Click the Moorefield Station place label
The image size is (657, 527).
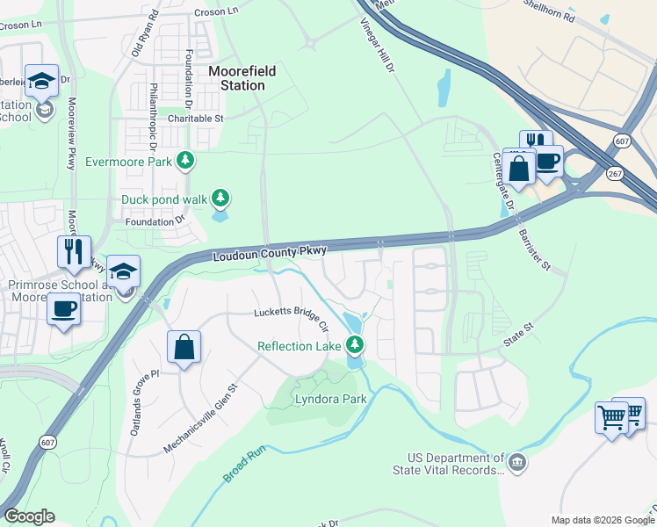[236, 78]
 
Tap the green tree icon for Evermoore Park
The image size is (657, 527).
[185, 160]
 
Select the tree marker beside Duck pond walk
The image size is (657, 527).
[222, 199]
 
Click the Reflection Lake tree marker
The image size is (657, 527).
[355, 344]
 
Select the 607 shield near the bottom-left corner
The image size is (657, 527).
[44, 446]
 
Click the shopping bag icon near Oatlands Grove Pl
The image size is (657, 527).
[184, 347]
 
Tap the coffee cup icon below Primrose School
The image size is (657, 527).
[63, 309]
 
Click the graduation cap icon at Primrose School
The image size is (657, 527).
[126, 271]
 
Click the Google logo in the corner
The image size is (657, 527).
[29, 516]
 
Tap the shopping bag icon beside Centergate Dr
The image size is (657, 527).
[519, 167]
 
